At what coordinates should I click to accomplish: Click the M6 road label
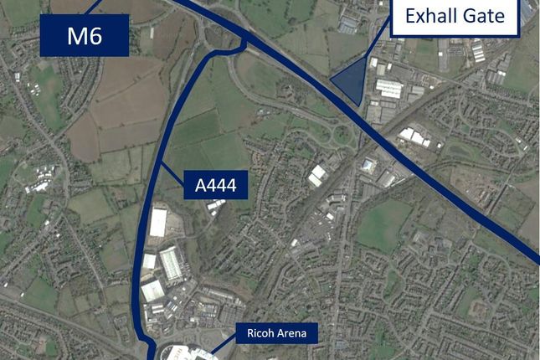pyautogui.click(x=84, y=35)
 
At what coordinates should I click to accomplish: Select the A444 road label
pyautogui.click(x=216, y=186)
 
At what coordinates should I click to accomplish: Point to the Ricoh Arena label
pyautogui.click(x=276, y=334)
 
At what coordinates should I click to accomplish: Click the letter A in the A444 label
pyautogui.click(x=199, y=186)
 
